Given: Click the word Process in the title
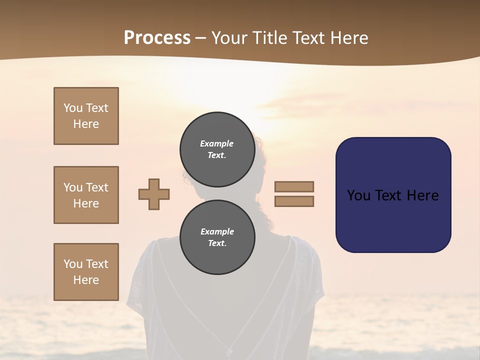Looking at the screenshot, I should point(157,38).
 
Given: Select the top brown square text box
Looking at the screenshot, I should point(86,116).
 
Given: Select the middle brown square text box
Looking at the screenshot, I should point(86,195).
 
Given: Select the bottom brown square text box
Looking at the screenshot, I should point(86,272).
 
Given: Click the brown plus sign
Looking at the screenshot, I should point(154,194).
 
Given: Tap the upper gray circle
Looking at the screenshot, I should point(217,149).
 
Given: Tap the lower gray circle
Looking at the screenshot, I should point(217,237).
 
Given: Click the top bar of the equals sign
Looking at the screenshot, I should point(294,186).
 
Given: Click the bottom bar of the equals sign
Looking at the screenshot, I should point(294,201).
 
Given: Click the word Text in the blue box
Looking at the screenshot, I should point(390,195).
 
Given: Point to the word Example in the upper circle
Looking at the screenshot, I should point(217,143).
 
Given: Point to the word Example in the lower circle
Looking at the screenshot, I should point(217,231).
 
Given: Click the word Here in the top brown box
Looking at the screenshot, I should point(86,124).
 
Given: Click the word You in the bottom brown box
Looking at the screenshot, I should point(73,264).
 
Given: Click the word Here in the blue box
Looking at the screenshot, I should point(423,195).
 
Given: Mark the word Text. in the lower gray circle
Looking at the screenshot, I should point(217,243).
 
